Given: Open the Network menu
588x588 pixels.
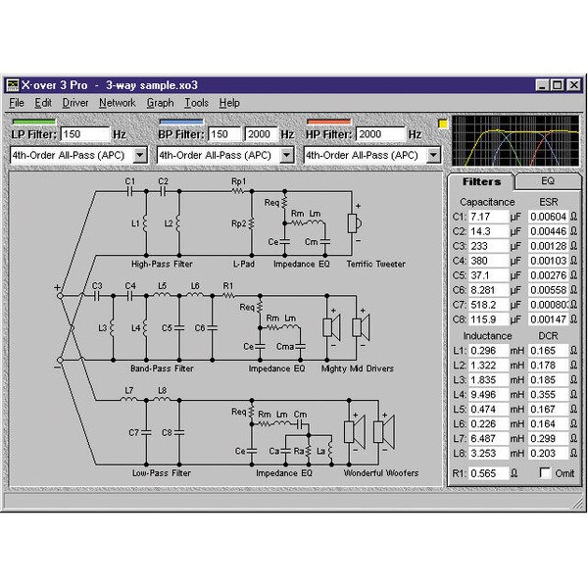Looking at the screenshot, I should (117, 103).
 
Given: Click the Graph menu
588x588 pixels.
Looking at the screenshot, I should (160, 103).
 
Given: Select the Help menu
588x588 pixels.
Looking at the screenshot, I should (229, 103).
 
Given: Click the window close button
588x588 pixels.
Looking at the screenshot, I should (573, 85).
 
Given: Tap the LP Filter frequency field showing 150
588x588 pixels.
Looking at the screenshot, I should (85, 134).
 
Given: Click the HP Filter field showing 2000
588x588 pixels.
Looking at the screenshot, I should (379, 134).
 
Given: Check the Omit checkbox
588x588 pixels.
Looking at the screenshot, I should (545, 471).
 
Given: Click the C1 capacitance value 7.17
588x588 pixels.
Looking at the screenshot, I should (489, 217).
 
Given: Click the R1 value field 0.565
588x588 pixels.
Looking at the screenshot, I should (489, 471).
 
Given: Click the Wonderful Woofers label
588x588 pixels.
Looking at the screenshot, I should (380, 473).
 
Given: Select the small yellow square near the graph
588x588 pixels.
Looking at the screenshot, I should (442, 124).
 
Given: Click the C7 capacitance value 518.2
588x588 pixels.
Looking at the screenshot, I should (489, 305).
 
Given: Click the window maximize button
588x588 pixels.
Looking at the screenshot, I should (557, 85).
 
